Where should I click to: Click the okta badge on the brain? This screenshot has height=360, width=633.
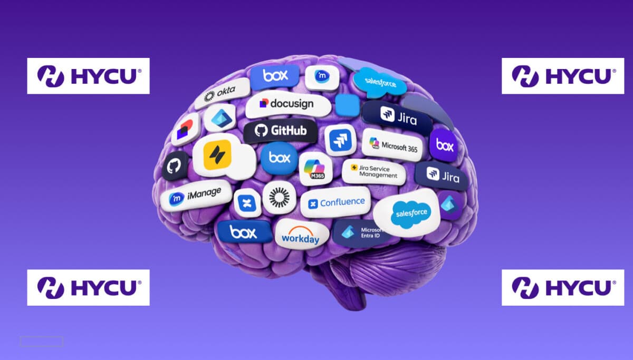coord(223,93)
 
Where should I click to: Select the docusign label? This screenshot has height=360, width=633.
coord(288,104)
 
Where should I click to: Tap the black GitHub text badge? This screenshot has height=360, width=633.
coord(281,131)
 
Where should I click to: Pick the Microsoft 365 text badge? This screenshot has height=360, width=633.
coord(393,144)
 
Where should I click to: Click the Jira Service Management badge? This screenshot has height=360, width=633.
coord(374,172)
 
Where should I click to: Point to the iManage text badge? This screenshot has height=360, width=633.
coord(196,196)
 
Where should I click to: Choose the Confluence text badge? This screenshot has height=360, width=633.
coord(335,202)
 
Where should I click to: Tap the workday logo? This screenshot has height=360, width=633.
coord(301,234)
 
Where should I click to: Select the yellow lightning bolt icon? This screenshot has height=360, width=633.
coord(217,155)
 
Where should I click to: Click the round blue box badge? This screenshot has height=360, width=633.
coord(279,158)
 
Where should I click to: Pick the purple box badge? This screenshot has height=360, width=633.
coord(444,145)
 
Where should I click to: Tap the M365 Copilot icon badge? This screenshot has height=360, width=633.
coord(315,169)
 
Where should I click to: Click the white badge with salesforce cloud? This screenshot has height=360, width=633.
coord(407,213)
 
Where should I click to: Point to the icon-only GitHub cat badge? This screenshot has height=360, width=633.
coord(175,166)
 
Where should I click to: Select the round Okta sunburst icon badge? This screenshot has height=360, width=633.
coord(279,197)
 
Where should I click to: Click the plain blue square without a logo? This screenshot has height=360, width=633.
coord(348,105)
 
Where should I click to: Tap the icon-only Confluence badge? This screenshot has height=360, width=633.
coord(247,203)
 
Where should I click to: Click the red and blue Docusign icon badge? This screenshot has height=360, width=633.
coord(186,130)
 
